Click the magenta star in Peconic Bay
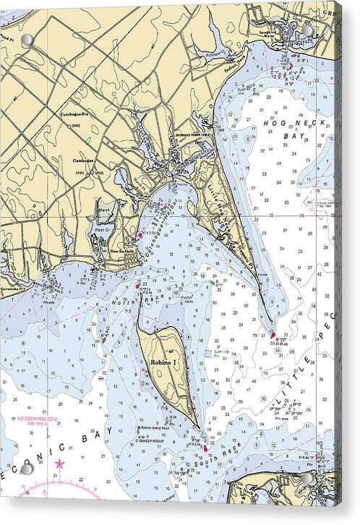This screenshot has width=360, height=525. (x=59, y=464)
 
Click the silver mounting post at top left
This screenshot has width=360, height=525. (x=27, y=40)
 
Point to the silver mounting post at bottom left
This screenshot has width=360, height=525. (x=27, y=469)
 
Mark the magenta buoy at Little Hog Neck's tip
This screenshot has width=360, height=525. (x=273, y=335)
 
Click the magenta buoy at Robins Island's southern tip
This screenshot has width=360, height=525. (x=205, y=448)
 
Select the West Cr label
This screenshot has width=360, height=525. (x=101, y=229)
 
